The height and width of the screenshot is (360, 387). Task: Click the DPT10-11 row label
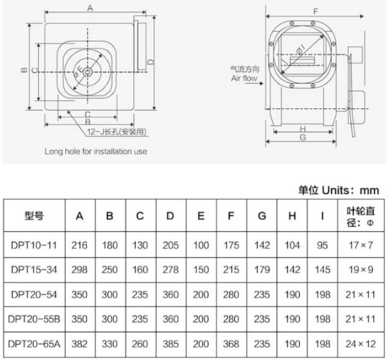pos(34,245)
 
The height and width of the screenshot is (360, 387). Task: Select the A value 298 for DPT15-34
pos(79,270)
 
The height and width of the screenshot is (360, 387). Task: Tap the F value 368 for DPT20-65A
pos(231,344)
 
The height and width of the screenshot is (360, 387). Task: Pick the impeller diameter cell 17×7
pos(361,245)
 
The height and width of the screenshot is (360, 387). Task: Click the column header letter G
pos(262,216)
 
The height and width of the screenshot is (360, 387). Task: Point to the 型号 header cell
pos(34,216)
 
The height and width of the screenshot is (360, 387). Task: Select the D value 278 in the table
pos(170,270)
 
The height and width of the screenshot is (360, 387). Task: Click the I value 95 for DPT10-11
pos(322,245)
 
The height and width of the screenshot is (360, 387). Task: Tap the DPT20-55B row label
pos(34,319)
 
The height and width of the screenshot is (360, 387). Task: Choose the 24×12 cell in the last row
pos(361,344)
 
